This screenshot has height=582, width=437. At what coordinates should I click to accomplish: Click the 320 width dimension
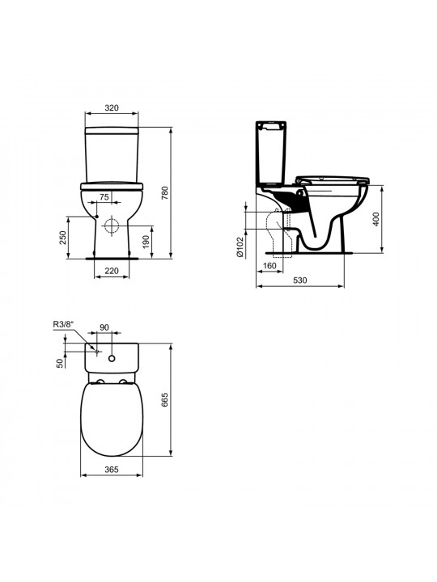coord(112,108)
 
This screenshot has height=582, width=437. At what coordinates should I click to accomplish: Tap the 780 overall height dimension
coord(165,192)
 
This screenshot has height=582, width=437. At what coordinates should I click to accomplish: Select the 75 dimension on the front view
coord(104,196)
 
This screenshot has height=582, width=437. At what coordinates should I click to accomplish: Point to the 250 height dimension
coord(62,237)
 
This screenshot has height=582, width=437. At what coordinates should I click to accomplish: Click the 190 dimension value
coord(146,241)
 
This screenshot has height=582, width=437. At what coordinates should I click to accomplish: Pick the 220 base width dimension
coord(112,271)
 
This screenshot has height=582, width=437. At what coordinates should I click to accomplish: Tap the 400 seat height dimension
coord(375,219)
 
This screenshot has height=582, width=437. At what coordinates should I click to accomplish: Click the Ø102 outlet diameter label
coord(240,247)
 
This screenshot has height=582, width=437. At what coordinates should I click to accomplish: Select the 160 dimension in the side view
coord(269,266)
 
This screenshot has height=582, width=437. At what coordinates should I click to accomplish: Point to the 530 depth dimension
coord(300,280)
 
